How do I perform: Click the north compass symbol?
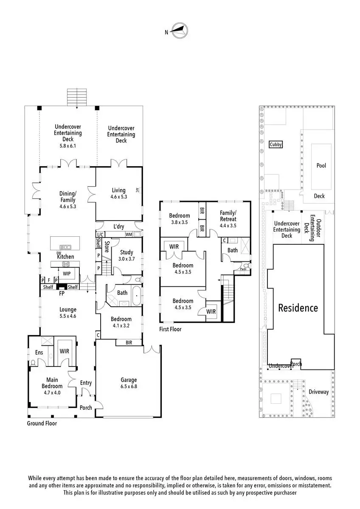coord(180,31)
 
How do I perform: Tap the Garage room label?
coord(129,380)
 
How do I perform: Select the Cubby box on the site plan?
coord(276,144)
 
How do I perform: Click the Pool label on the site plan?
coord(321,165)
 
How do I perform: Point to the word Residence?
coord(298,308)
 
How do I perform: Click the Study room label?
coord(127,252)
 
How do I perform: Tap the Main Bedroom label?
coord(52,383)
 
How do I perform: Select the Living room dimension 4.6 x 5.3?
coord(119,197)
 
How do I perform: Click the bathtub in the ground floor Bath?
coord(137,296)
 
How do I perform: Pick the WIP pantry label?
coord(67,274)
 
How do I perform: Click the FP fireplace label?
coord(62,294)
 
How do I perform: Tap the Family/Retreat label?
coord(228,216)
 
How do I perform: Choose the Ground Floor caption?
coord(42,423)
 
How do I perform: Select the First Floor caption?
coord(170,329)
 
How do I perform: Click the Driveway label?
coord(318,392)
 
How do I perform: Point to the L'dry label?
coord(119,227)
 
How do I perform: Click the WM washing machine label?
coord(129,235)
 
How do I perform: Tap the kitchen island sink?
coord(65,247)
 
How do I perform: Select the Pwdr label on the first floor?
coord(243,269)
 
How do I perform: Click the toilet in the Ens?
coord(33,363)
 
